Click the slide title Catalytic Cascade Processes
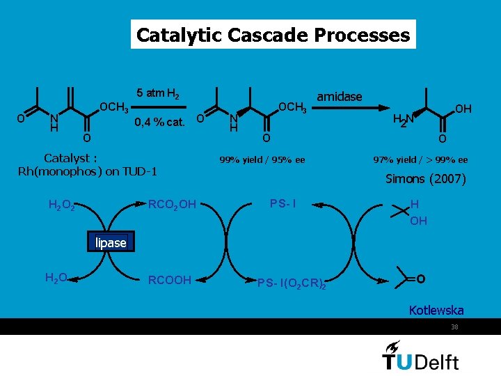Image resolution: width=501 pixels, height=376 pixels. click(273, 35)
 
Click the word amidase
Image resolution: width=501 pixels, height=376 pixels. click(339, 97)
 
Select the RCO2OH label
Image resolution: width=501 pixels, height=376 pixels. click(173, 204)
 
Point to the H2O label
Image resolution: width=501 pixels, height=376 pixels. click(56, 278)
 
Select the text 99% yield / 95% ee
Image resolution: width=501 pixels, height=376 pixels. click(262, 160)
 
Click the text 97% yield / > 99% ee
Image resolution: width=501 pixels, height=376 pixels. click(420, 160)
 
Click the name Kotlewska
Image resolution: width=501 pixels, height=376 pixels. click(436, 310)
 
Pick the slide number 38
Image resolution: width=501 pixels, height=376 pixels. click(454, 327)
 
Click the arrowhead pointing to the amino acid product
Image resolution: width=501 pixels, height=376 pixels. click(383, 109)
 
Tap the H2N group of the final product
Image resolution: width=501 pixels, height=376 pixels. click(402, 120)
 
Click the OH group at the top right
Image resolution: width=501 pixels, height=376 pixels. click(463, 109)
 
